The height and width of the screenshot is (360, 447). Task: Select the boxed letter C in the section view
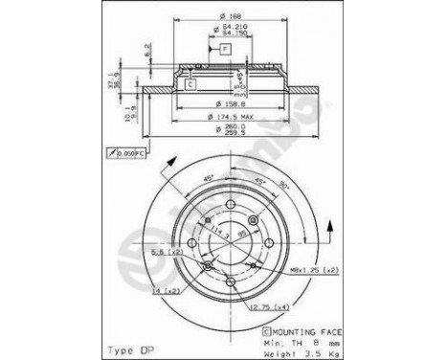click(190, 84)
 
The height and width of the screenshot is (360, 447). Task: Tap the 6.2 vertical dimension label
click(146, 49)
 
